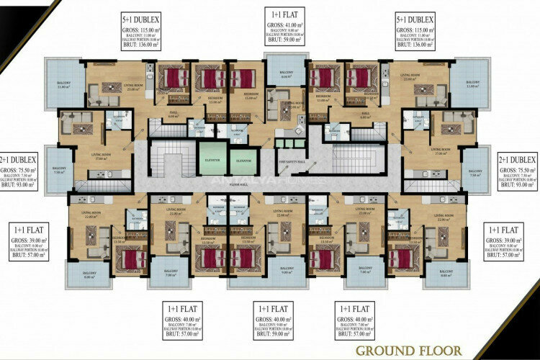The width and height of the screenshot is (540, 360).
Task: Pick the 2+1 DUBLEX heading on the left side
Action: [17, 160]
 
